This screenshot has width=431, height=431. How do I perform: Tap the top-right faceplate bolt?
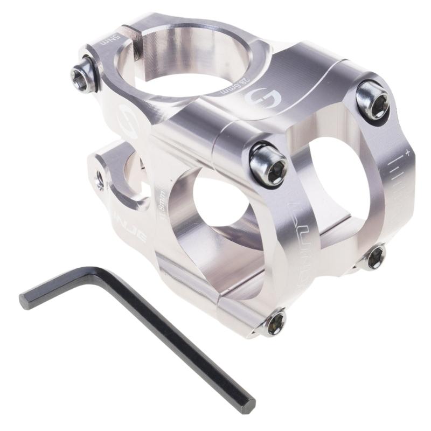click(373, 100)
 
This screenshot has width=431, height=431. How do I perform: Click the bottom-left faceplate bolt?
click(275, 324)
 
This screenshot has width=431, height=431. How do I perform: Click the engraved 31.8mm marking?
click(162, 202)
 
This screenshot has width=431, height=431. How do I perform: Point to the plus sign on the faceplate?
click(407, 154)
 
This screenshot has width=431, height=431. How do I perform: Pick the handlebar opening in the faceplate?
click(334, 183)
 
